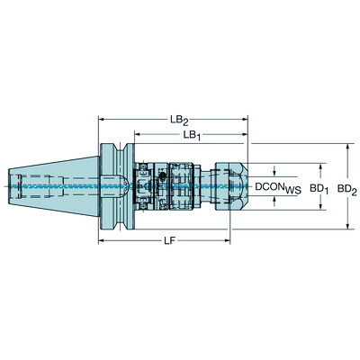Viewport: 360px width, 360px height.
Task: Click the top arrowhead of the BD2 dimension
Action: [x=346, y=145]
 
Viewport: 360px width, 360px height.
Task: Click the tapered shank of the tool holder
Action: [x=54, y=187]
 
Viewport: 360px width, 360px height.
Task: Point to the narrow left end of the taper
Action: [x=16, y=187]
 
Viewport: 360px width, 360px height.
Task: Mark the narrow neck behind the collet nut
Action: [x=205, y=187]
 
